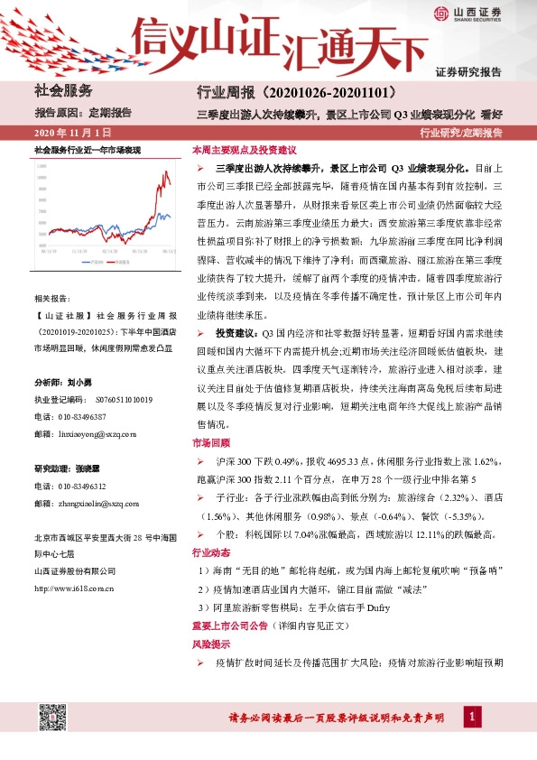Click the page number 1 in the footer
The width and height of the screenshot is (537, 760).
[470, 718]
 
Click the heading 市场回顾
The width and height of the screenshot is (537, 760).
[211, 443]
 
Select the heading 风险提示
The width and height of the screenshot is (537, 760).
[211, 644]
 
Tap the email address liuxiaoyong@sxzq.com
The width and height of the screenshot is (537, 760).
[97, 434]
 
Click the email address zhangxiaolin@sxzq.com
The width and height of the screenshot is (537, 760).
[97, 504]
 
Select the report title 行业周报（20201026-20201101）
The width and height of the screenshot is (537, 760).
[285, 93]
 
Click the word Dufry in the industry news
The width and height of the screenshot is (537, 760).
[377, 607]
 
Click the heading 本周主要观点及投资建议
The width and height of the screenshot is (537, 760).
[245, 150]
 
